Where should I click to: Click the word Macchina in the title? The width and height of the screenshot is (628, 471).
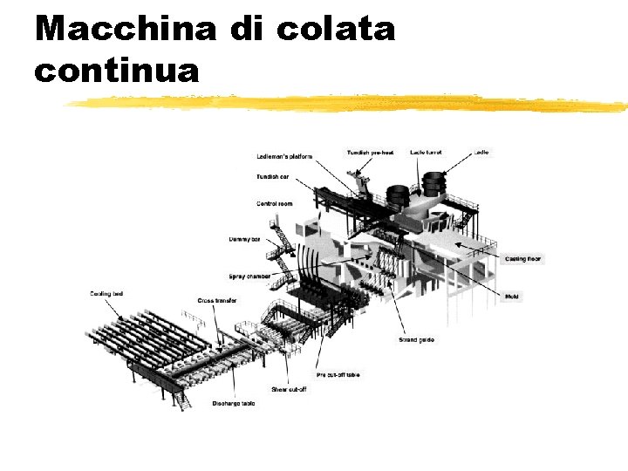(126, 29)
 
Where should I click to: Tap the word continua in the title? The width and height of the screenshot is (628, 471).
(117, 70)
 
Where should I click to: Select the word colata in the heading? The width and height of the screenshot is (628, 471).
(336, 29)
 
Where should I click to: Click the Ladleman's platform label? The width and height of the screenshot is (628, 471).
(284, 157)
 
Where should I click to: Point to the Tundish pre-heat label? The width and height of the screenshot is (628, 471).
(370, 153)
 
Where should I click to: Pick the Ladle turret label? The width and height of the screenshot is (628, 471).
(426, 153)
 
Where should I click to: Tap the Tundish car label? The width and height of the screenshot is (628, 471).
(273, 177)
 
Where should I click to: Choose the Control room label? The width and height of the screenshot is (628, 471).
(274, 204)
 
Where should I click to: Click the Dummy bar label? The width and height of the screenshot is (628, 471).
(244, 238)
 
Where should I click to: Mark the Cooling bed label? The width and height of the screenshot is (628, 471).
(106, 294)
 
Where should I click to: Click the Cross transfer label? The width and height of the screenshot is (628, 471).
(217, 301)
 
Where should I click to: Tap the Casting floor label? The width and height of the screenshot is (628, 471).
(523, 259)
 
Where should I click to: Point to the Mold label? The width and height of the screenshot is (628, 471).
(513, 297)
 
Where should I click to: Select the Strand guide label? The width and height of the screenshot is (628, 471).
(416, 339)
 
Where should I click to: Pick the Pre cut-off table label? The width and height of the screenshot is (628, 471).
(338, 374)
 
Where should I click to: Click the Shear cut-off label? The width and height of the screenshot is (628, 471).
(289, 389)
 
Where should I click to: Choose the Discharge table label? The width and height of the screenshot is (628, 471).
(234, 404)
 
